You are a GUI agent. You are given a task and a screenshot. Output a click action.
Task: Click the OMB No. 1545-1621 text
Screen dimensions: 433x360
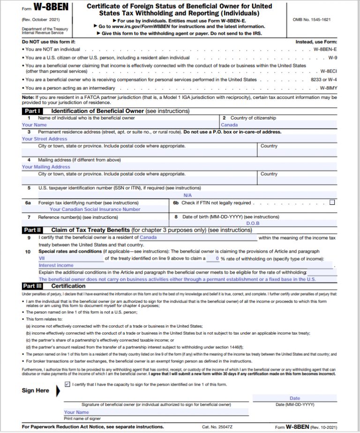pos(311,19)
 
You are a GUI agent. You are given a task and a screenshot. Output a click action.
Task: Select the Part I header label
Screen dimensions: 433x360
pos(32,111)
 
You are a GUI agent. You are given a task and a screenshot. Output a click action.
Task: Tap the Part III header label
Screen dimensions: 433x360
pos(33,286)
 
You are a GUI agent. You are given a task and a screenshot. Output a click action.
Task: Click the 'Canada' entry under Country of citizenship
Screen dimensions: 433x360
pos(229,125)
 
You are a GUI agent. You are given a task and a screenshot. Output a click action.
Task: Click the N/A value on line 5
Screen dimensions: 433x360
pos(187,195)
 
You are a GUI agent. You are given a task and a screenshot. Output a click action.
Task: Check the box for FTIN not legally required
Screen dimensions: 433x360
pos(332,202)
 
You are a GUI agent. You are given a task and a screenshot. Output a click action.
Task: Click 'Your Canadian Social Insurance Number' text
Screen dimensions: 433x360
pos(95,209)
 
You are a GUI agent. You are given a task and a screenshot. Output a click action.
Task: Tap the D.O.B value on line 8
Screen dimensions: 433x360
pos(253,224)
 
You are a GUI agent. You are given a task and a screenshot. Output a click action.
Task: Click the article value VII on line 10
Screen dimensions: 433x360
pos(42,258)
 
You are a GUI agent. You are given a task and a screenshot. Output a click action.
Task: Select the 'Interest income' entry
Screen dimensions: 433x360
pos(56,265)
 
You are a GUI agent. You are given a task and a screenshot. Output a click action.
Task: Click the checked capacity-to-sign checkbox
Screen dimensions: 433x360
pos(67,384)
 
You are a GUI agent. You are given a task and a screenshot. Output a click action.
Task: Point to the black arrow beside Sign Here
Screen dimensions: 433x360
pos(58,391)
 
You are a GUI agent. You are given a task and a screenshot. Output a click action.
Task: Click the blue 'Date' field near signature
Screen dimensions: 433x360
pos(294,398)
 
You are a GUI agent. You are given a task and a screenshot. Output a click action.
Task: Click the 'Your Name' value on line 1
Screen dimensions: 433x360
pos(34,125)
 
